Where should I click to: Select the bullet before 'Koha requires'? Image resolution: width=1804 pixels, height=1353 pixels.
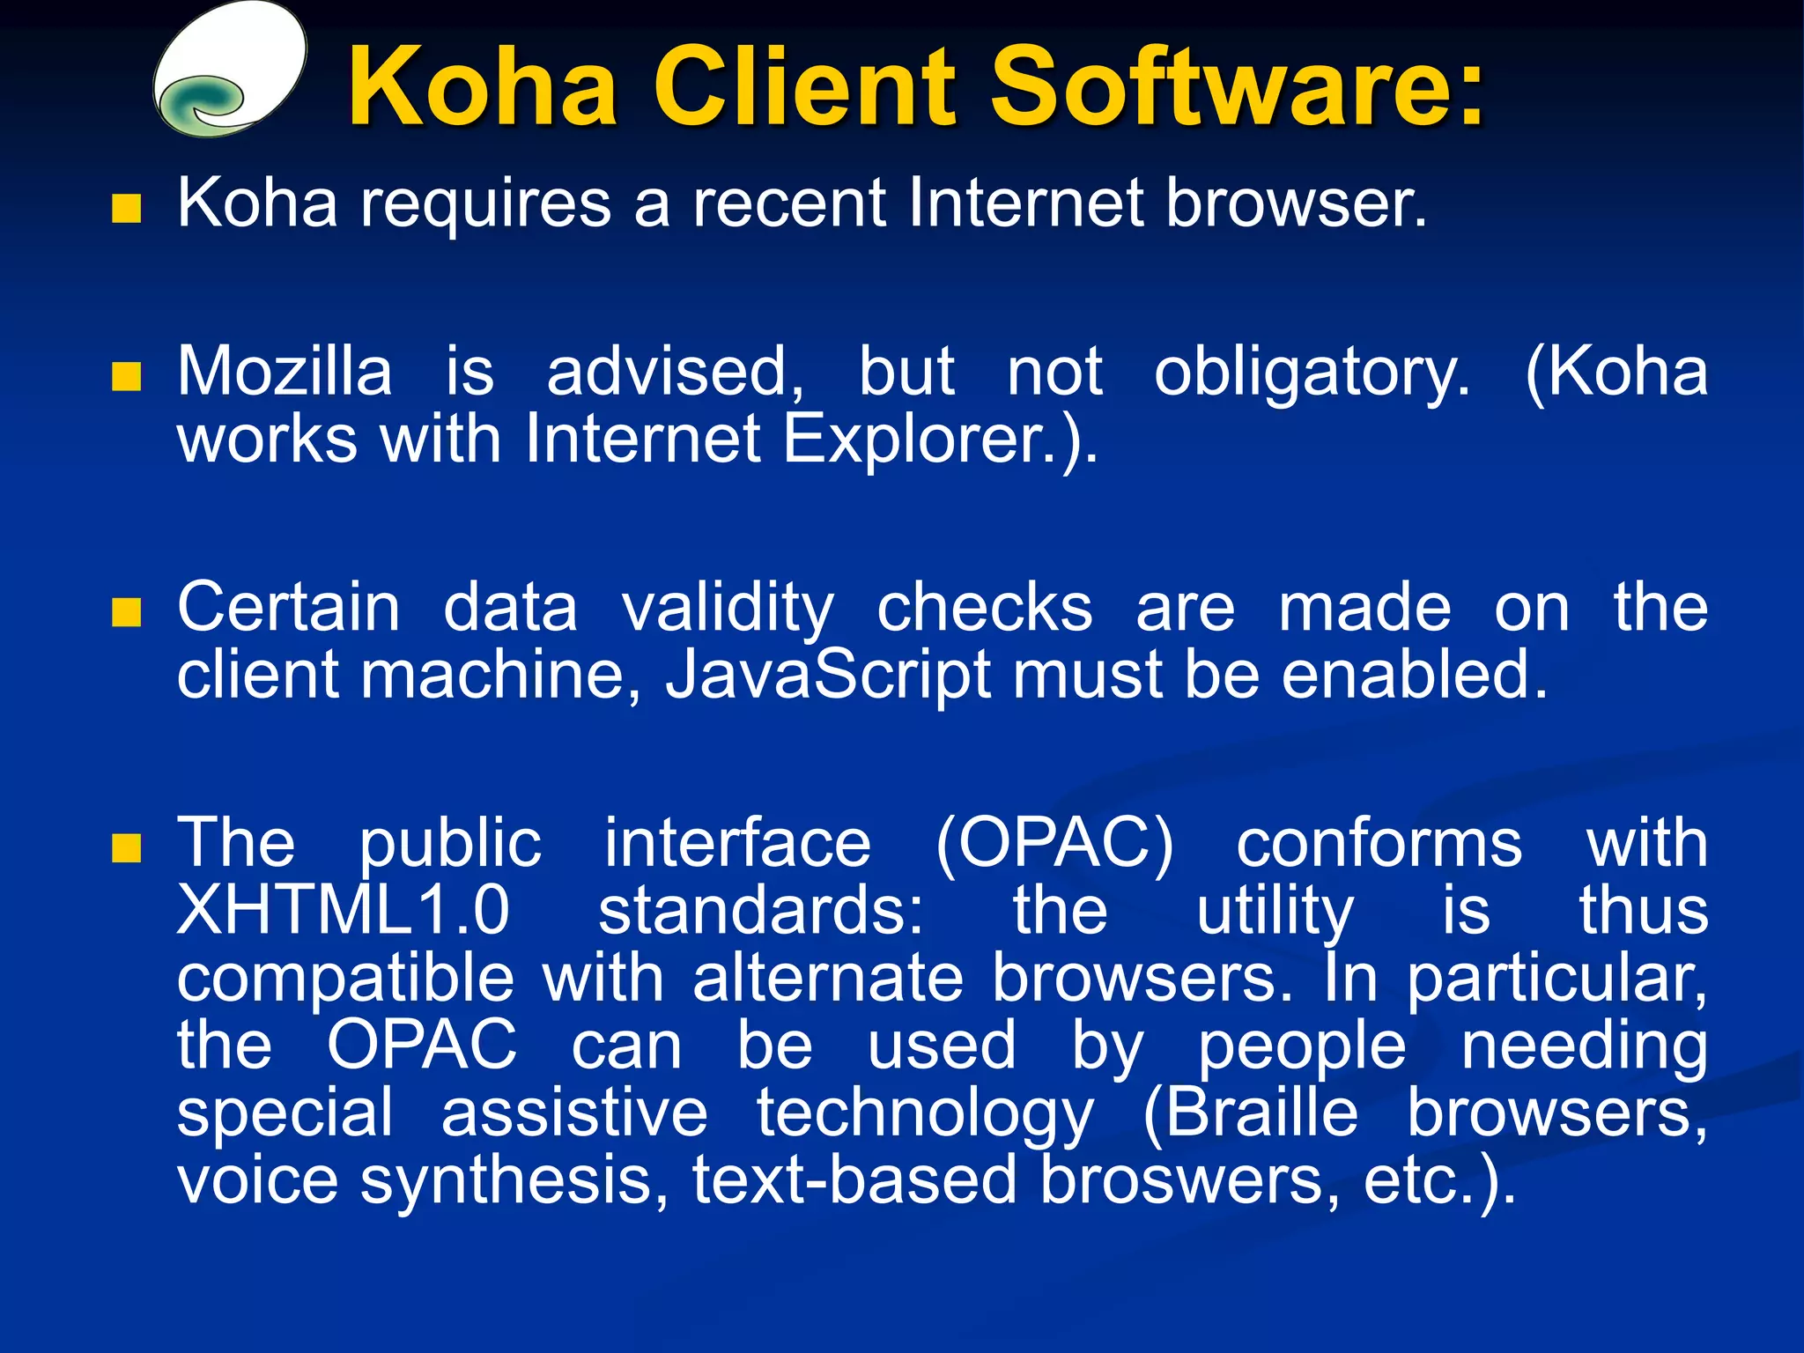[x=127, y=209]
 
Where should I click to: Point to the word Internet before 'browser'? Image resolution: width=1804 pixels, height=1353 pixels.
[x=1025, y=203]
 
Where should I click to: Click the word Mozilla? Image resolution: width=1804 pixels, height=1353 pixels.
[x=285, y=372]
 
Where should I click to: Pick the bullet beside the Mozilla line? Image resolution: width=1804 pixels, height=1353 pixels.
[x=127, y=377]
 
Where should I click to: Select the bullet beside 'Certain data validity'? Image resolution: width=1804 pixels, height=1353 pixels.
[x=127, y=612]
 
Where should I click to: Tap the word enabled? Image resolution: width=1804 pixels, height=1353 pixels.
[x=1413, y=675]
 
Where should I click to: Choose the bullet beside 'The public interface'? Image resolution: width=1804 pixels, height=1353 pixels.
[x=127, y=848]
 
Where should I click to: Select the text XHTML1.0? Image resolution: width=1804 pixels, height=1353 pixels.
[x=344, y=910]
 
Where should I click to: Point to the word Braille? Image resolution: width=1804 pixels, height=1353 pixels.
[x=1251, y=1113]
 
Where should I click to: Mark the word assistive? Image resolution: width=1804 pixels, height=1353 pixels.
[x=574, y=1113]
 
